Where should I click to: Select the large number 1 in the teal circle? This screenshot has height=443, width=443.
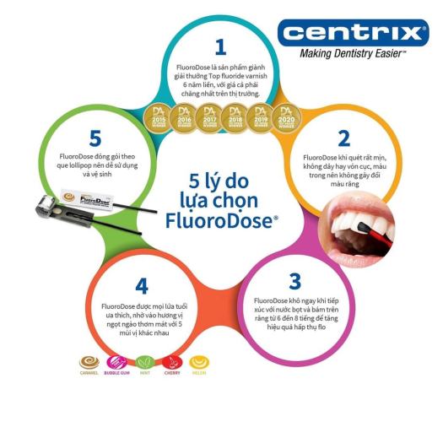coord(221,46)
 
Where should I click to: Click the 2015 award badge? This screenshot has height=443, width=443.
coord(156,116)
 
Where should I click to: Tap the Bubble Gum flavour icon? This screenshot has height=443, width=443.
coord(116,363)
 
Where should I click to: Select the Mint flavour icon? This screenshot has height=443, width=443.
coord(144,363)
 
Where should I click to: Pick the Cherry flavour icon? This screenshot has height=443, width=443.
coord(172,363)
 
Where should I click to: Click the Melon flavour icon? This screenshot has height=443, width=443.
coord(200,363)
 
